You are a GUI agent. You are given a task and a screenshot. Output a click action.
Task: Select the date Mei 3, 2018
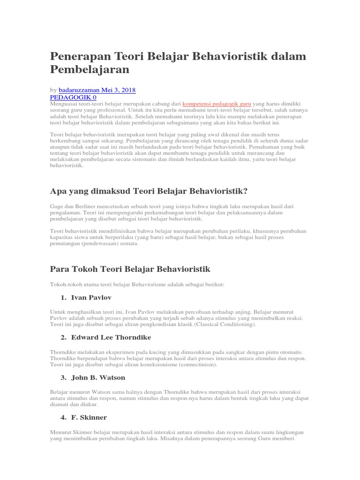point(122,89)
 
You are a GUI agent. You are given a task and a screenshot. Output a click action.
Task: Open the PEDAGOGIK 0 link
point(73,97)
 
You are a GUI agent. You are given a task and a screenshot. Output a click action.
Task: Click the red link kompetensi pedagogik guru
point(217,103)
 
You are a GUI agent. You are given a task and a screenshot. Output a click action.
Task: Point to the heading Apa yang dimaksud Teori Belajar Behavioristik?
point(149,191)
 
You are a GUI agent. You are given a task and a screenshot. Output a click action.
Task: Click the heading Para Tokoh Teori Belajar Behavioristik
point(130,269)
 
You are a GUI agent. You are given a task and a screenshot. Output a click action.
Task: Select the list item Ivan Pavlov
point(91,298)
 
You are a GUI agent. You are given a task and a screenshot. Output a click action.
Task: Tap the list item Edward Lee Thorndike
point(111,337)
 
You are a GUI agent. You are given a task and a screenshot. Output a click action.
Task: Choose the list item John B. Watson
point(98,377)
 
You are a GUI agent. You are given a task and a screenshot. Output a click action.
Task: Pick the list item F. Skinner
point(89,417)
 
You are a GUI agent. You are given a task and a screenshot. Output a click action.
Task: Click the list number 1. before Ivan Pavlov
point(63,298)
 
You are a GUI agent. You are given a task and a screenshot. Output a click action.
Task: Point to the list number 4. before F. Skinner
point(63,417)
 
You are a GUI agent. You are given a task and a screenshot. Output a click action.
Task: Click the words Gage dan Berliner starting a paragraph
point(72,206)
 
